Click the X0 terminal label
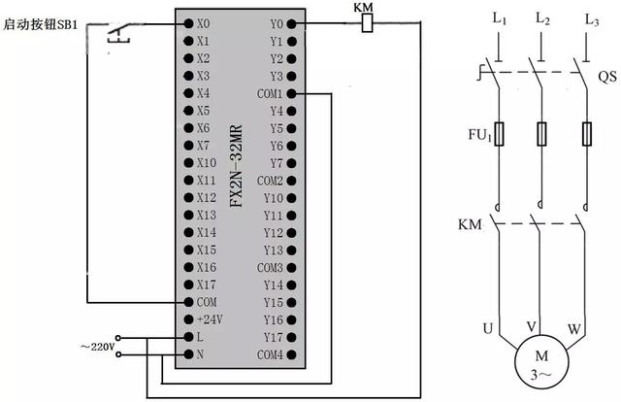click(203, 22)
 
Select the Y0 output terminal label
click(277, 23)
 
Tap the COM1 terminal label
click(271, 94)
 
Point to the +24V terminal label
click(208, 319)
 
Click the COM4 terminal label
click(270, 354)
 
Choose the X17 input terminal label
click(206, 285)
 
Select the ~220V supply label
click(97, 346)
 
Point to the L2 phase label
click(542, 19)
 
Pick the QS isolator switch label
click(605, 74)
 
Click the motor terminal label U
click(487, 328)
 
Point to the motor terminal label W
click(574, 328)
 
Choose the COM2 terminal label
click(270, 181)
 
